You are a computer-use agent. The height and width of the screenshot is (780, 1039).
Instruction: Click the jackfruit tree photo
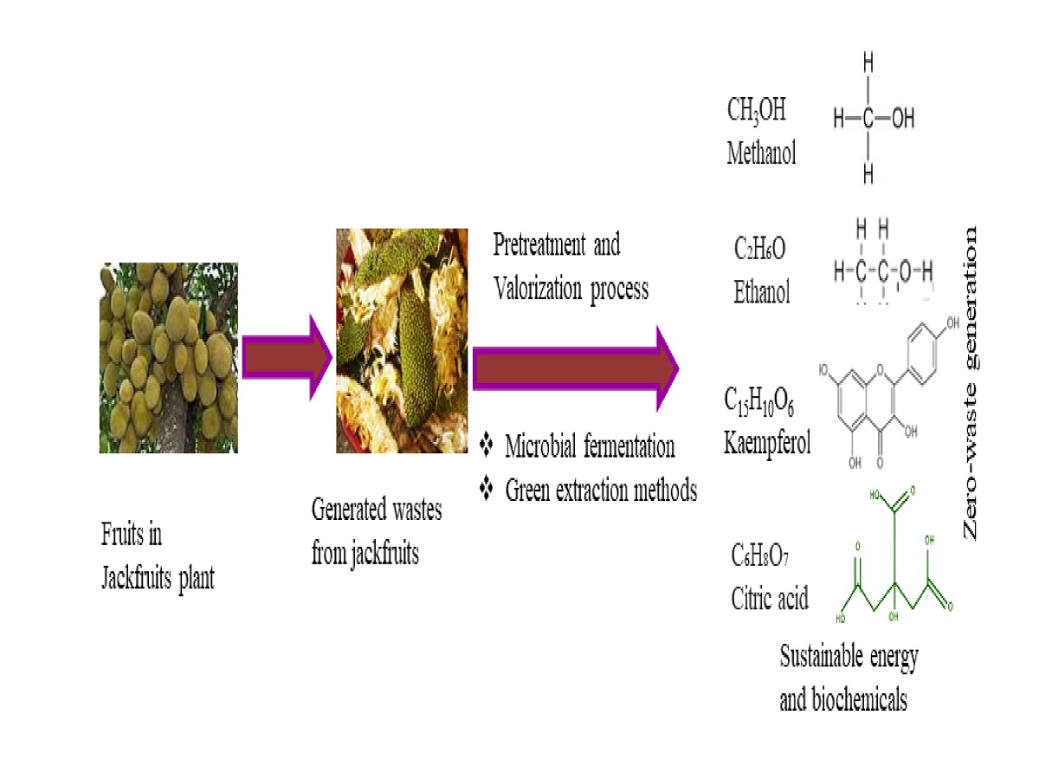point(168,358)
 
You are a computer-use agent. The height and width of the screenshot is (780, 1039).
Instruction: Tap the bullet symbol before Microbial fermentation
point(486,446)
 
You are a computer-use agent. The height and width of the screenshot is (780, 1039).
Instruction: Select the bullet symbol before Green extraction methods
point(486,491)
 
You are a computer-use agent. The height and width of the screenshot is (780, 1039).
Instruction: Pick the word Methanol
point(761,154)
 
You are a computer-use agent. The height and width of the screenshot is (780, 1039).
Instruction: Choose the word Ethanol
point(762,293)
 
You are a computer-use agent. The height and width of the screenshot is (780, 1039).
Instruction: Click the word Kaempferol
point(767,445)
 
